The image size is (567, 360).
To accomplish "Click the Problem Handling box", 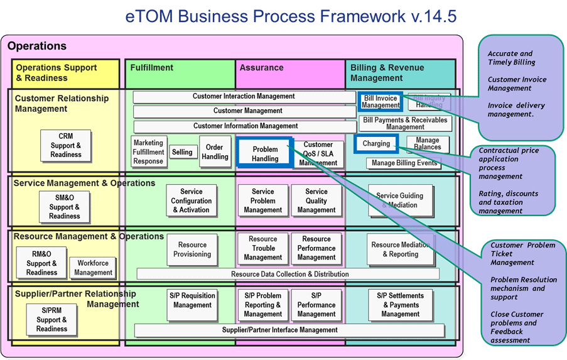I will [264, 153].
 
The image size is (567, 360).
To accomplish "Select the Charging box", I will [376, 144].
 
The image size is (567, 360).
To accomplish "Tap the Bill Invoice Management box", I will [381, 102].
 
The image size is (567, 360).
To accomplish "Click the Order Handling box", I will [215, 152].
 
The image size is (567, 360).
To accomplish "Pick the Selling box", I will [182, 152].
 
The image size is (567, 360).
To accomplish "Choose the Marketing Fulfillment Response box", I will [148, 152].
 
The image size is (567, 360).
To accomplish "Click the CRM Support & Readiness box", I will [66, 145].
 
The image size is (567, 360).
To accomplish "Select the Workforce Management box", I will [93, 268].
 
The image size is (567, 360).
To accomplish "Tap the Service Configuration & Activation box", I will [192, 200].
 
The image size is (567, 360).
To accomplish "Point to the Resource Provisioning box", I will [192, 249].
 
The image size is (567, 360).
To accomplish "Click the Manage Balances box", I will [428, 144].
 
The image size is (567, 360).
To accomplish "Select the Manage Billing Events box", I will [404, 163].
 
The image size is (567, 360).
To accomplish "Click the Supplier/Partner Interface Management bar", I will [289, 330].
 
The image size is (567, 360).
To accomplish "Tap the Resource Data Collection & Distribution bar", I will [288, 274].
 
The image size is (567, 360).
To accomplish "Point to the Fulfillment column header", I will [152, 68].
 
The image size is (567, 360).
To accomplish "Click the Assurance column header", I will [262, 68].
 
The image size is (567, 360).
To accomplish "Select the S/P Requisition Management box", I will [192, 300].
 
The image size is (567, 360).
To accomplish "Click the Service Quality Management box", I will [316, 200].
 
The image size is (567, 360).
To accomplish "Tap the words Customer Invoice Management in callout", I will [517, 84].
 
